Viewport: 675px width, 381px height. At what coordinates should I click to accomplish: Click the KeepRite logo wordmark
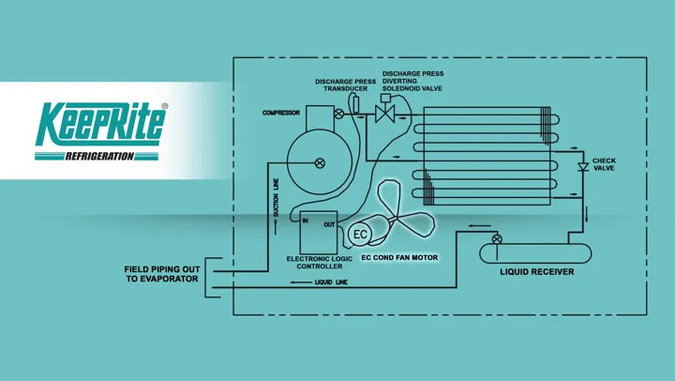pyautogui.click(x=100, y=124)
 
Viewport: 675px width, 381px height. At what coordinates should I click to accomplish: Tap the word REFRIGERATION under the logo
pyautogui.click(x=99, y=156)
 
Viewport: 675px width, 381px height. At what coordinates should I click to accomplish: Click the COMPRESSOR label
pyautogui.click(x=281, y=113)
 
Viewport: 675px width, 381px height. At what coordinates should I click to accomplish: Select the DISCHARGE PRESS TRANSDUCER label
pyautogui.click(x=345, y=84)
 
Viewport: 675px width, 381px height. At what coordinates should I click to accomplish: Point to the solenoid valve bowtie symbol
pyautogui.click(x=385, y=114)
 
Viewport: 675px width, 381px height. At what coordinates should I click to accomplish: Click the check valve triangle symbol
pyautogui.click(x=583, y=167)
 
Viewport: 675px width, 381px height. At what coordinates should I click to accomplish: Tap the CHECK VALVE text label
pyautogui.click(x=604, y=164)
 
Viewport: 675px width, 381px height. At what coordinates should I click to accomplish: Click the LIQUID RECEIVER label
pyautogui.click(x=537, y=272)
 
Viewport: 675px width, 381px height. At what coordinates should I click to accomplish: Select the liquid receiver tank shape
pyautogui.click(x=535, y=253)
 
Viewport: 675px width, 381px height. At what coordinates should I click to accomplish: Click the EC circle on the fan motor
pyautogui.click(x=360, y=235)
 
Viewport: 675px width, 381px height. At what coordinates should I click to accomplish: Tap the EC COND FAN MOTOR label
pyautogui.click(x=399, y=258)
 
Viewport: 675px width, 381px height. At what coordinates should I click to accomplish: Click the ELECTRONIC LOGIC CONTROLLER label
pyautogui.click(x=320, y=263)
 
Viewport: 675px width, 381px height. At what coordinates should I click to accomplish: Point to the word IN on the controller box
pyautogui.click(x=306, y=221)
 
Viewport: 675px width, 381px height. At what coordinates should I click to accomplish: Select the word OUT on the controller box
pyautogui.click(x=329, y=224)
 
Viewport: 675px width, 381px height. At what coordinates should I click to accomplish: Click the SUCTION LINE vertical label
pyautogui.click(x=276, y=197)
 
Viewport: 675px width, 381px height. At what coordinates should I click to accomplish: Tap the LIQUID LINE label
pyautogui.click(x=331, y=282)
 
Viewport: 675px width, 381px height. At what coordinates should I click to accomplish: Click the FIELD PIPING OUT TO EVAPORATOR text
pyautogui.click(x=162, y=274)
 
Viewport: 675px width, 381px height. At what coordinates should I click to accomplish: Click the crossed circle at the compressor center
pyautogui.click(x=320, y=163)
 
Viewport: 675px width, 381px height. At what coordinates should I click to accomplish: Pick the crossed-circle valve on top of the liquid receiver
pyautogui.click(x=497, y=239)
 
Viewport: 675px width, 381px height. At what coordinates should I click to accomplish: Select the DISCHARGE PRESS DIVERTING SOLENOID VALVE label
pyautogui.click(x=412, y=81)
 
